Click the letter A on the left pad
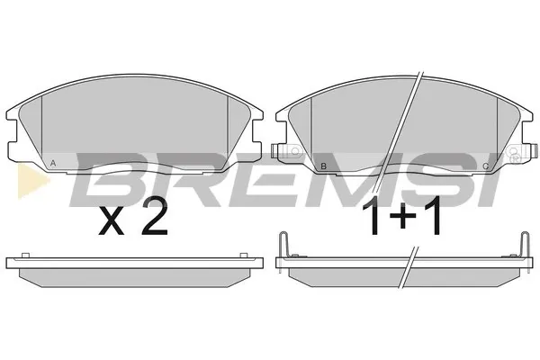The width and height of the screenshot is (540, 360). (53, 163)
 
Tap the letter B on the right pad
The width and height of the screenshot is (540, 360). (323, 166)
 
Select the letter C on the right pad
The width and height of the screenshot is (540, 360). (486, 166)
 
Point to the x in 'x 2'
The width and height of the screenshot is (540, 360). (112, 222)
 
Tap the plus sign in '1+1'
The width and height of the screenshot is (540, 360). (402, 216)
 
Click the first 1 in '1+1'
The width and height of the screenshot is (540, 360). (373, 216)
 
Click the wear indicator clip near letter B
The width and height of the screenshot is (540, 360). (285, 150)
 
